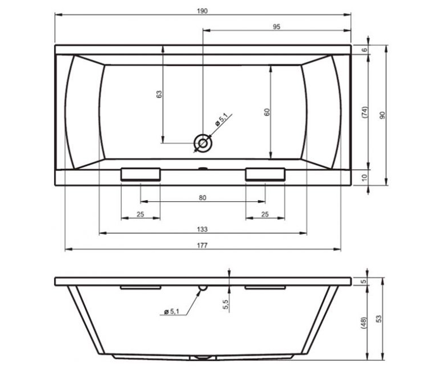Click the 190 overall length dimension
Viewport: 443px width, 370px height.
tap(202, 11)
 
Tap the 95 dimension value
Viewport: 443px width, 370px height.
tap(276, 27)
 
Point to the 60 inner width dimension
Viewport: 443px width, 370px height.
tap(267, 112)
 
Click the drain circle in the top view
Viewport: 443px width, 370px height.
tap(203, 143)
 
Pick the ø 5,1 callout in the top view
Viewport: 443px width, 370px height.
tap(221, 120)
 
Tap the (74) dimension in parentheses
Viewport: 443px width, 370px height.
tap(364, 112)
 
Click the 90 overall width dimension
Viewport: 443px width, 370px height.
tap(382, 115)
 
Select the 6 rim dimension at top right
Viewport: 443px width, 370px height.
tap(364, 50)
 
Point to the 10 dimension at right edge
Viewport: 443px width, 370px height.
tap(364, 177)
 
